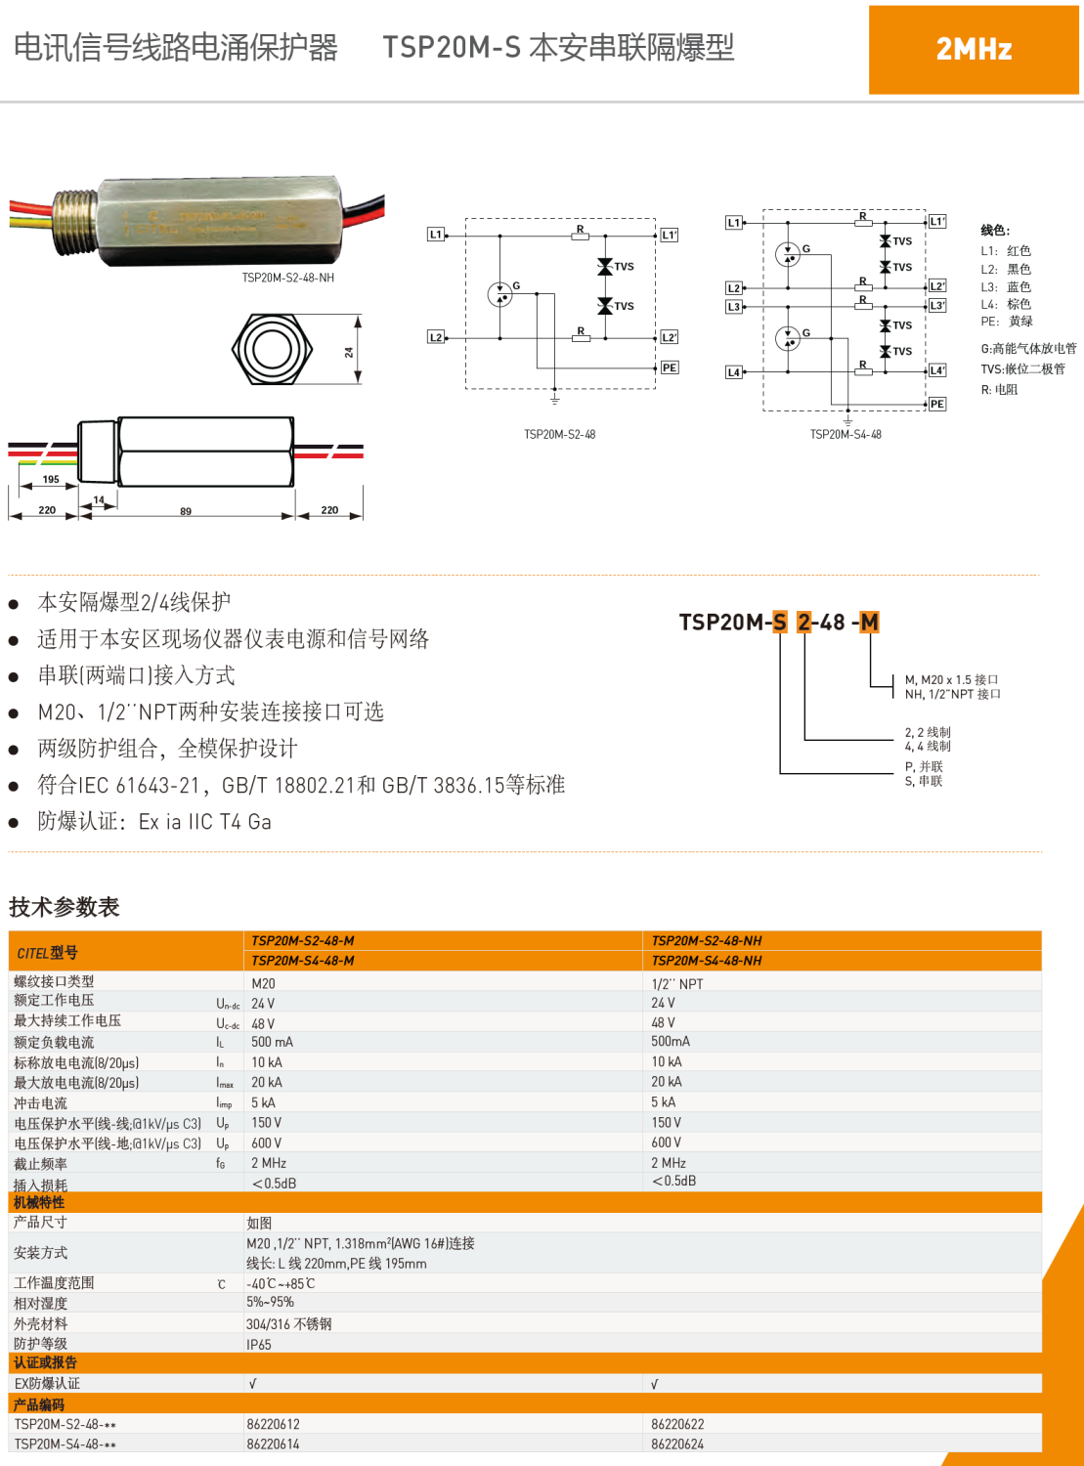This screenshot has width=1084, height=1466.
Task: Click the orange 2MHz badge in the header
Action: pyautogui.click(x=974, y=50)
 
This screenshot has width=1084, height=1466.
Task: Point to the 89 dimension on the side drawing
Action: pyautogui.click(x=186, y=511)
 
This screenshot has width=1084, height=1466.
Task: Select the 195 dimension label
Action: pyautogui.click(x=51, y=480)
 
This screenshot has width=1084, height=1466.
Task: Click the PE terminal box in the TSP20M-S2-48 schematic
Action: pyautogui.click(x=670, y=368)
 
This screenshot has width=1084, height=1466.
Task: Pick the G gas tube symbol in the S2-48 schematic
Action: pyautogui.click(x=500, y=293)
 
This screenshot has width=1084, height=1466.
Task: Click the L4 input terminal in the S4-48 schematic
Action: pyautogui.click(x=734, y=372)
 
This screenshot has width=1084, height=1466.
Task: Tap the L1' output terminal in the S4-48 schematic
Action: pyautogui.click(x=936, y=222)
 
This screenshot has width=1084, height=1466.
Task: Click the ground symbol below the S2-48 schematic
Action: pyautogui.click(x=554, y=399)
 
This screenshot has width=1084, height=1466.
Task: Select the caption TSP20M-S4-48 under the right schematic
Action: pyautogui.click(x=846, y=435)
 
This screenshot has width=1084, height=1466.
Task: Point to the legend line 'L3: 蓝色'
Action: pyautogui.click(x=1006, y=287)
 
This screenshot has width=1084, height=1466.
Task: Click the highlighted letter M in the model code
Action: pyautogui.click(x=869, y=623)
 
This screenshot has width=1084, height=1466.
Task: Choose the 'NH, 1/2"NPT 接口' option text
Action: pyautogui.click(x=952, y=695)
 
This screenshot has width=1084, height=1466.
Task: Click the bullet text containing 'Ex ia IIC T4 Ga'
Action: pyautogui.click(x=154, y=822)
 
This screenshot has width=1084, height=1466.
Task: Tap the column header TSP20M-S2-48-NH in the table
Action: pyautogui.click(x=707, y=941)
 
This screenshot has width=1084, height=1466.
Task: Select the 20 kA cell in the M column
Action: pyautogui.click(x=267, y=1083)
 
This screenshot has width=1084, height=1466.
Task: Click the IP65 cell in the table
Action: pyautogui.click(x=259, y=1345)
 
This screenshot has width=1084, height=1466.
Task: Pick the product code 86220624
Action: pyautogui.click(x=677, y=1444)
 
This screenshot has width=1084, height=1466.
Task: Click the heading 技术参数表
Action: pyautogui.click(x=65, y=907)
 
